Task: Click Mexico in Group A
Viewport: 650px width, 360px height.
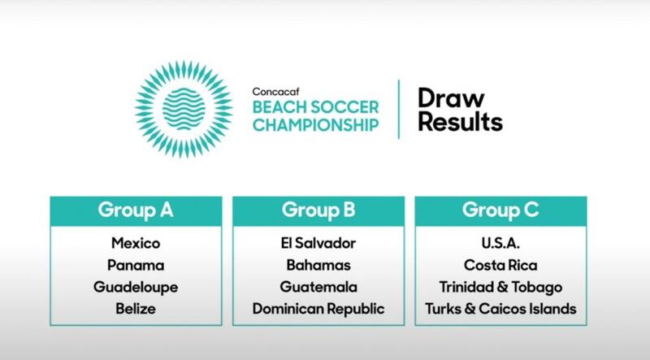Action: pyautogui.click(x=136, y=243)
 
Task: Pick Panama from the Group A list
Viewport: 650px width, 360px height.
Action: pyautogui.click(x=136, y=265)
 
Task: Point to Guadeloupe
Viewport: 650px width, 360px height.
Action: pyautogui.click(x=136, y=288)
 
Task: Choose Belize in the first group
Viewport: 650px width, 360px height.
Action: pyautogui.click(x=136, y=309)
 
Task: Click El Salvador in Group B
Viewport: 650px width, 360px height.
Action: pyautogui.click(x=318, y=243)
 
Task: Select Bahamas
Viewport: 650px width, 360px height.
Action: pyautogui.click(x=318, y=265)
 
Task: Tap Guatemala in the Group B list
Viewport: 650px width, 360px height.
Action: pyautogui.click(x=318, y=287)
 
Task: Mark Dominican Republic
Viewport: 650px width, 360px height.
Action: pyautogui.click(x=318, y=309)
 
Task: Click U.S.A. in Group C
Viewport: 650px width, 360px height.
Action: pyautogui.click(x=500, y=243)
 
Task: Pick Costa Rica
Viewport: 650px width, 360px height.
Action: pyautogui.click(x=500, y=265)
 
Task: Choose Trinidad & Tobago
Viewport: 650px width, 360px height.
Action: pyautogui.click(x=500, y=288)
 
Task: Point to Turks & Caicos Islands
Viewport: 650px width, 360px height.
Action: pyautogui.click(x=500, y=309)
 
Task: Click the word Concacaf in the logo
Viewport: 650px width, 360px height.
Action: pyautogui.click(x=275, y=91)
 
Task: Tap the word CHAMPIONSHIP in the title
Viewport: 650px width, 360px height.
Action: pyautogui.click(x=316, y=125)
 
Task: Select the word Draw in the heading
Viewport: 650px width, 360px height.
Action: pyautogui.click(x=451, y=98)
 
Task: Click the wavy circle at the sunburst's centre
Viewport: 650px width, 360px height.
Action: pyautogui.click(x=184, y=109)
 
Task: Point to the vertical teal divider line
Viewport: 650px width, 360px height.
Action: pyautogui.click(x=399, y=109)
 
